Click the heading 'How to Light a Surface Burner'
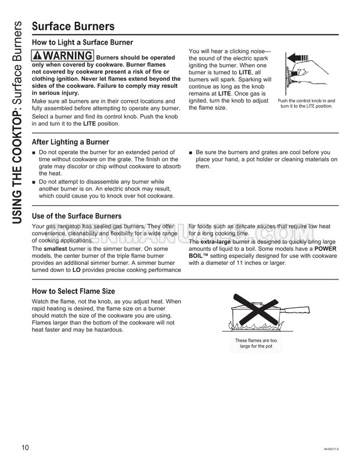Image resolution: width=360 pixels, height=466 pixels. (x=82, y=42)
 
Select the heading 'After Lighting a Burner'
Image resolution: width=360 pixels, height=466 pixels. (x=70, y=142)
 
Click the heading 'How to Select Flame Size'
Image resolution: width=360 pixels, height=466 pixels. (x=73, y=291)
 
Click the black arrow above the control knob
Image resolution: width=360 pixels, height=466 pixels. (x=297, y=58)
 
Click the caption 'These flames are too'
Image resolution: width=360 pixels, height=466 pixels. (x=255, y=340)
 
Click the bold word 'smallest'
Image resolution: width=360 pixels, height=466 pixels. (x=56, y=249)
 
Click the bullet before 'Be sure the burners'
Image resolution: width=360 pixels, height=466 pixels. (x=191, y=153)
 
